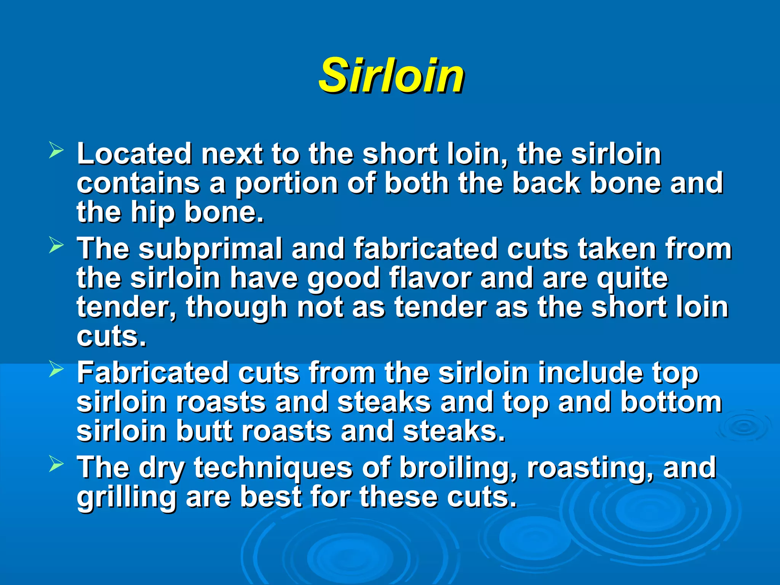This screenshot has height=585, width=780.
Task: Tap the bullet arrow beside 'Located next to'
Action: tap(56, 151)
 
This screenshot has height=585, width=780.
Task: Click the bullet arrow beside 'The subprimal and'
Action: tap(56, 246)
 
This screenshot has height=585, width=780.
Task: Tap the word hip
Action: tap(153, 213)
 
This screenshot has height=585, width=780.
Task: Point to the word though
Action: tap(236, 308)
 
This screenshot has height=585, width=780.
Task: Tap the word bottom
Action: tap(671, 402)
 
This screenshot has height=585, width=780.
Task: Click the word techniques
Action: tap(273, 468)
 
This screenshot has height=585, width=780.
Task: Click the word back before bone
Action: tap(546, 183)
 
